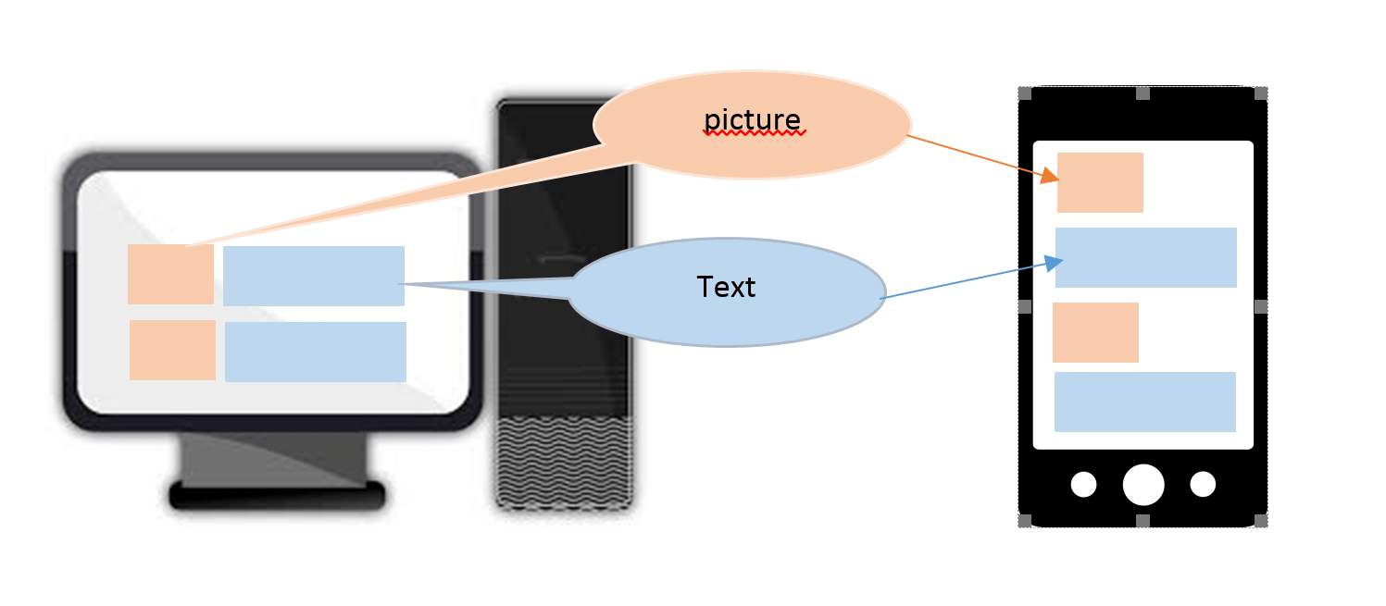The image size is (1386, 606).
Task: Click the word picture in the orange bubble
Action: (x=752, y=120)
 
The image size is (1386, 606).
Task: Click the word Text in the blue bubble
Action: (x=726, y=288)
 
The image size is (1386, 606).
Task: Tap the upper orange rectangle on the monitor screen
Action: (x=170, y=274)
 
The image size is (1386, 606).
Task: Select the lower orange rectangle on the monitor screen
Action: (x=172, y=350)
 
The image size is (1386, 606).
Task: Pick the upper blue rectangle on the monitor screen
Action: (x=314, y=276)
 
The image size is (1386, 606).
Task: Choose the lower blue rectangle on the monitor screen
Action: (x=316, y=352)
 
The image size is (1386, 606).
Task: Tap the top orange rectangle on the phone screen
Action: (x=1100, y=182)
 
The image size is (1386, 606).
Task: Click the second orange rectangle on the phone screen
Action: (x=1095, y=332)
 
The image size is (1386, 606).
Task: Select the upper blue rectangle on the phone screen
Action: (x=1146, y=257)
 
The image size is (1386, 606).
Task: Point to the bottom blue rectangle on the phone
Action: (x=1145, y=402)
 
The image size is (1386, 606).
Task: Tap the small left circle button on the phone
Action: (x=1083, y=484)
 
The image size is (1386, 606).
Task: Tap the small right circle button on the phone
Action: (x=1203, y=484)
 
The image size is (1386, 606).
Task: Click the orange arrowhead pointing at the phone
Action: (x=1049, y=176)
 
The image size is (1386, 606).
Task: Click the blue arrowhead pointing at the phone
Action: (x=1054, y=264)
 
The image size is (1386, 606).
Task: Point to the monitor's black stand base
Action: (x=277, y=497)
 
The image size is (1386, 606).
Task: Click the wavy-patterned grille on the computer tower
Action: (x=564, y=463)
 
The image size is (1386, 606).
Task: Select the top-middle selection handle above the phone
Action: (x=1143, y=93)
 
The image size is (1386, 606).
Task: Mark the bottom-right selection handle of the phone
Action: (x=1260, y=521)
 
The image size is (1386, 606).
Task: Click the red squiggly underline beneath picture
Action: (x=755, y=133)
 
